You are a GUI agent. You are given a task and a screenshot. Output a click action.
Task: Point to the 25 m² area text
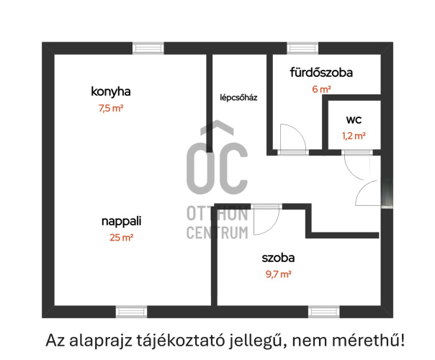120,237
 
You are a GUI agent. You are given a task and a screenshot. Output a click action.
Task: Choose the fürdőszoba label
320,73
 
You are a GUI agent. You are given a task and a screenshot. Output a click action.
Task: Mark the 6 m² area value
320,89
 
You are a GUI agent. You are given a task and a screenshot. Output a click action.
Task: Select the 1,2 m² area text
353,135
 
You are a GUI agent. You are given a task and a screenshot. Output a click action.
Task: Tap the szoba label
278,257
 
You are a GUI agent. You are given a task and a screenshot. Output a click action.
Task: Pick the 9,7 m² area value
278,274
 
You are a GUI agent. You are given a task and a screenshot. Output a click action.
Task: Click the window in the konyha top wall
148,48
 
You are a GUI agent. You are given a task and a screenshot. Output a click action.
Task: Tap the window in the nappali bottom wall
131,312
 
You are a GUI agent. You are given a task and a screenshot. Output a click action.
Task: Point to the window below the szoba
324,312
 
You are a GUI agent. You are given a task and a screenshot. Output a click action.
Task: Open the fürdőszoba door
293,138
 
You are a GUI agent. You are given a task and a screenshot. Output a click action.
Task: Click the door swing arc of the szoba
265,222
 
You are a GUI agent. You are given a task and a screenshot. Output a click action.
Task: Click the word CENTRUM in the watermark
217,232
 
